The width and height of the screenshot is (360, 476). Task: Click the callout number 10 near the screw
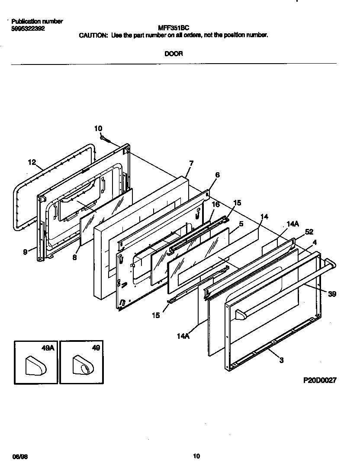[x=98, y=128]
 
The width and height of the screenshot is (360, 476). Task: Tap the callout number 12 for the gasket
[x=32, y=162]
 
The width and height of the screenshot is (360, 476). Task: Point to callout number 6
[x=217, y=175]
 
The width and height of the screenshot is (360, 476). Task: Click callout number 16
[x=215, y=204]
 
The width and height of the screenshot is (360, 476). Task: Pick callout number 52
[x=309, y=232]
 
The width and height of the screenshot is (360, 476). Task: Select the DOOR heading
[x=174, y=54]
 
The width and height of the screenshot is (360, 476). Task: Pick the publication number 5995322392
[x=27, y=29]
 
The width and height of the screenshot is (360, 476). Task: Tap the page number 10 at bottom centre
[x=196, y=456]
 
